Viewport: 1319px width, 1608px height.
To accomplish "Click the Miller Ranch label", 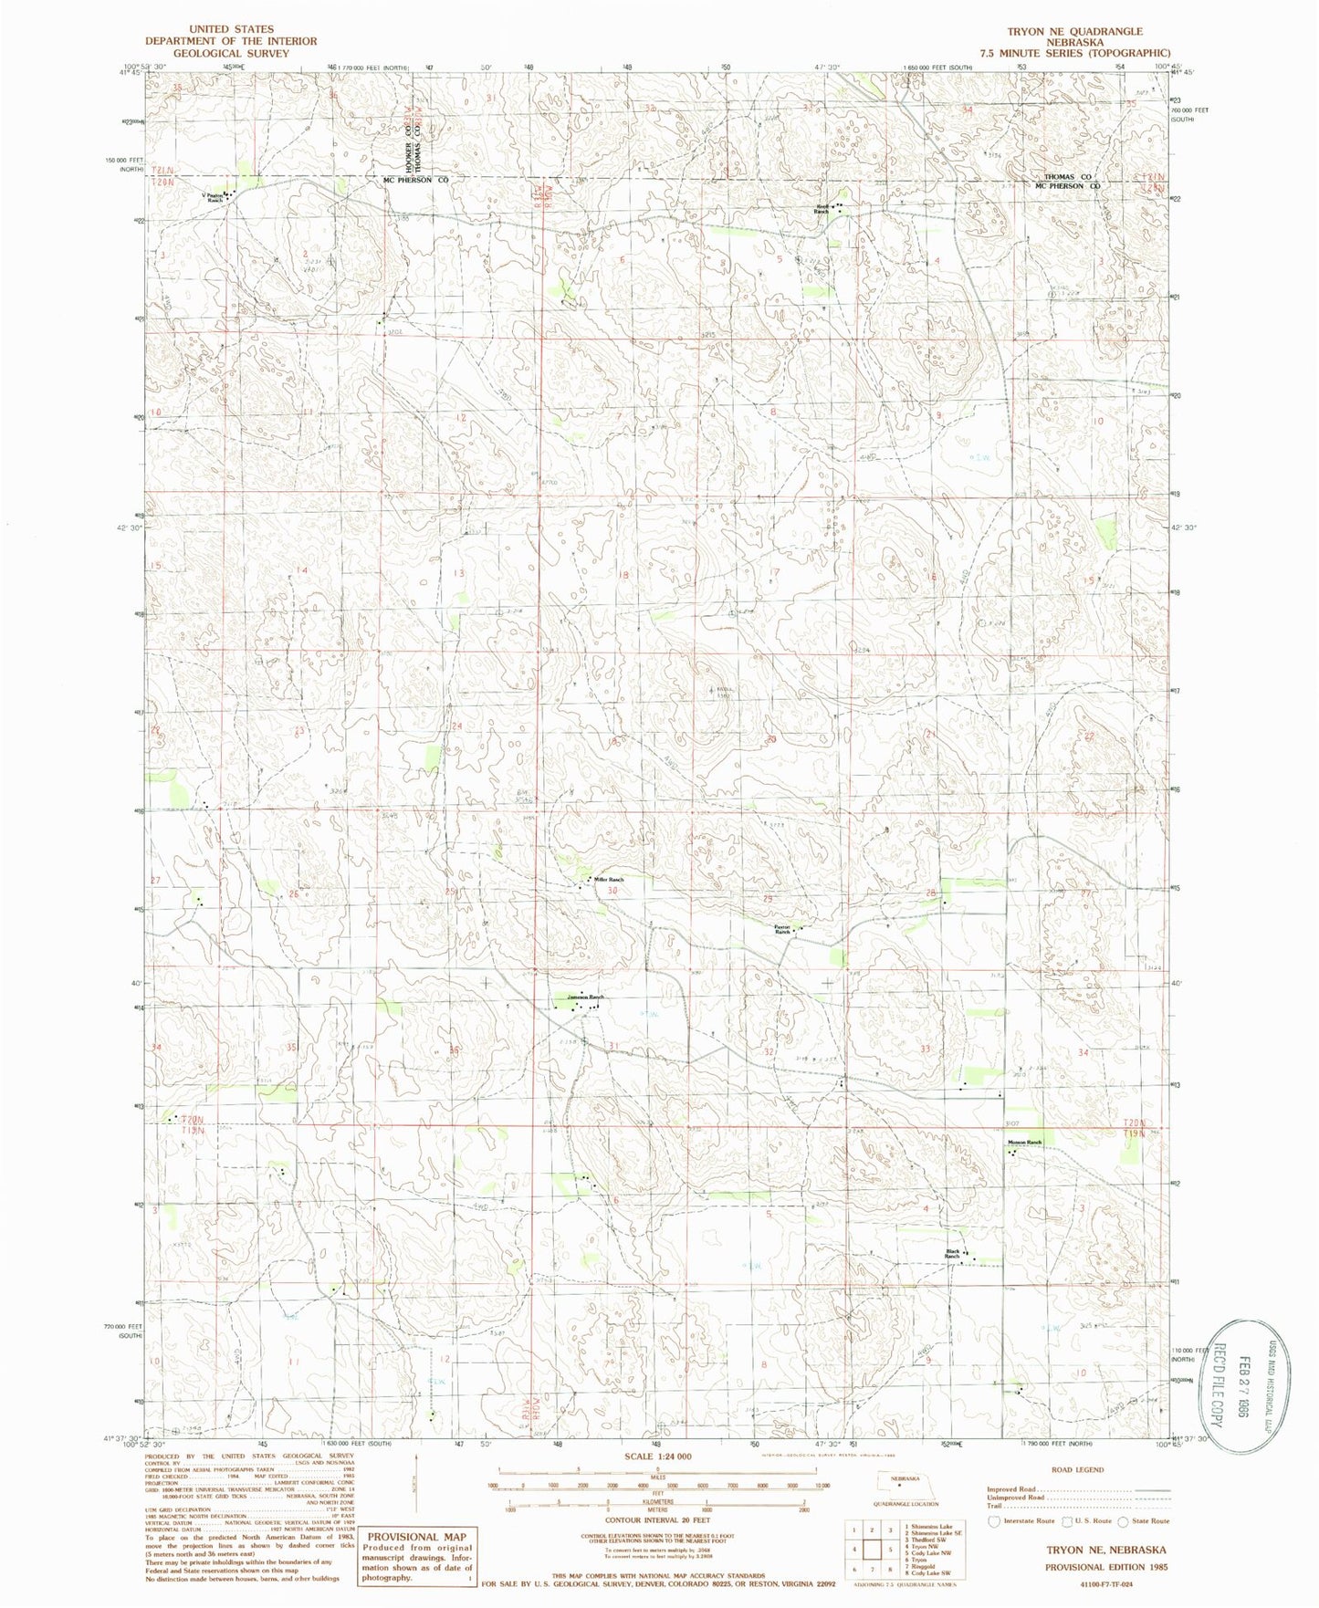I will tap(609, 879).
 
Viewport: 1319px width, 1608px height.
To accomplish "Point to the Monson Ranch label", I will tap(1023, 1143).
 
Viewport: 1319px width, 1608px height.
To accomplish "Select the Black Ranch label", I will tap(952, 1254).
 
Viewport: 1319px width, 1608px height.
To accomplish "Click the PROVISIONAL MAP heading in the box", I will tap(416, 1537).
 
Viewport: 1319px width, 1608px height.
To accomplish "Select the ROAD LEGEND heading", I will tap(1077, 1470).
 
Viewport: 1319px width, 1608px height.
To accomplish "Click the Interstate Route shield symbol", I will tap(994, 1521).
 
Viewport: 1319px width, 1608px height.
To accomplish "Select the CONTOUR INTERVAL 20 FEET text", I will tap(651, 1520).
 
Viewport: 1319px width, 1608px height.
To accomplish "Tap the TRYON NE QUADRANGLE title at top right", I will tap(1074, 31).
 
